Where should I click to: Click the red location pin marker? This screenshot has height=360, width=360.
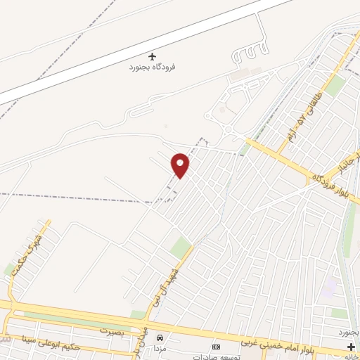click(x=181, y=165)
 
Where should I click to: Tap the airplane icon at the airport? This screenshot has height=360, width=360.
click(x=152, y=56)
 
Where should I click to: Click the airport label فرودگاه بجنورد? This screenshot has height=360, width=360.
click(x=152, y=67)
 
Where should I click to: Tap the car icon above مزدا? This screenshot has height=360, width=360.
click(x=160, y=338)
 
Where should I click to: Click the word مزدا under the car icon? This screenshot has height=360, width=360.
click(x=161, y=349)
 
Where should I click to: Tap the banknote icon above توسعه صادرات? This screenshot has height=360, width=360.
click(x=216, y=347)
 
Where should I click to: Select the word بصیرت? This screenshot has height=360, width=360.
click(x=111, y=330)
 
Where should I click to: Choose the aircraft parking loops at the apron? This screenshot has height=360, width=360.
click(x=250, y=53)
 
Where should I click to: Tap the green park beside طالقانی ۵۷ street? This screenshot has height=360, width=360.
click(x=335, y=86)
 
